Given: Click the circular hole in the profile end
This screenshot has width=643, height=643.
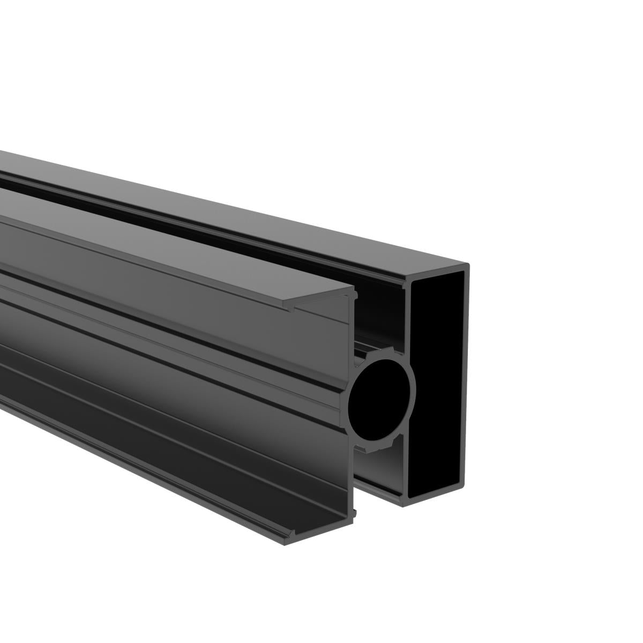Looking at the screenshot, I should [381, 395].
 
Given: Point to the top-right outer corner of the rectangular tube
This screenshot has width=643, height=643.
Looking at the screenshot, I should [468, 265].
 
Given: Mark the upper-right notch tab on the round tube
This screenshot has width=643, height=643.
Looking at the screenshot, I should [398, 351].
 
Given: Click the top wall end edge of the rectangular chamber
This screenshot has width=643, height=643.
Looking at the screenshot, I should [437, 272].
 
